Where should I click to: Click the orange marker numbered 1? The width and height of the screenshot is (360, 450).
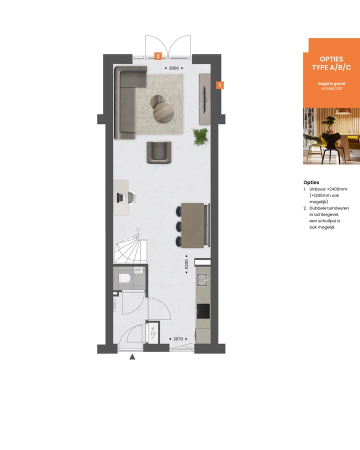(219, 85)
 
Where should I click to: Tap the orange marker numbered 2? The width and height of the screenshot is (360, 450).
(158, 56)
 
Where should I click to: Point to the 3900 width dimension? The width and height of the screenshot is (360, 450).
(173, 68)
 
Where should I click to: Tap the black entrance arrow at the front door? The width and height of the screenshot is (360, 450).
(132, 356)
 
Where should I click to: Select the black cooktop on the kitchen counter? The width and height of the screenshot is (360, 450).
(203, 310)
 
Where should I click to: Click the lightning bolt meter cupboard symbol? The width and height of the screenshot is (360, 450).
(153, 331)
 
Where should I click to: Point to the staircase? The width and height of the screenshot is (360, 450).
(130, 250)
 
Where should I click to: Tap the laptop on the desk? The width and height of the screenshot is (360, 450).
(120, 197)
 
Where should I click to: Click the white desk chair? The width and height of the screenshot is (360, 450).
(132, 198)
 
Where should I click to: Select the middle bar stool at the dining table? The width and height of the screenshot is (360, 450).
(179, 225)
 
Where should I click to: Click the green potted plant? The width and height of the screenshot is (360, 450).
(200, 136)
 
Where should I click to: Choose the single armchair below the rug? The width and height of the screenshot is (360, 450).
(159, 152)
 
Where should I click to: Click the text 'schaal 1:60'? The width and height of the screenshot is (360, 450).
(330, 88)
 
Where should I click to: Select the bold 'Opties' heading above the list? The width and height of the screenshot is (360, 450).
(311, 182)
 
